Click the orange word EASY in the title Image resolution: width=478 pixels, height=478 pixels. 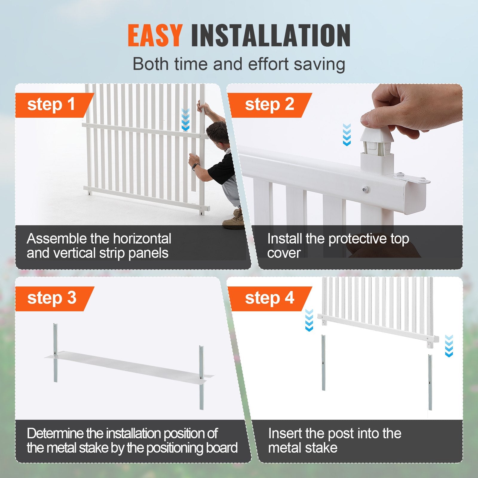click(154, 36)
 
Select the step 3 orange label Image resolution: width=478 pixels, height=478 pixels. click(52, 298)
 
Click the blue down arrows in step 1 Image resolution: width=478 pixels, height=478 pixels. click(186, 120)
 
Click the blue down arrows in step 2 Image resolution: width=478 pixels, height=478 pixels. click(347, 135)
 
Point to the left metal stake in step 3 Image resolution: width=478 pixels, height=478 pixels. click(55, 353)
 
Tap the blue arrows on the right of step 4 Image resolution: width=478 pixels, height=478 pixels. click(449, 346)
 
